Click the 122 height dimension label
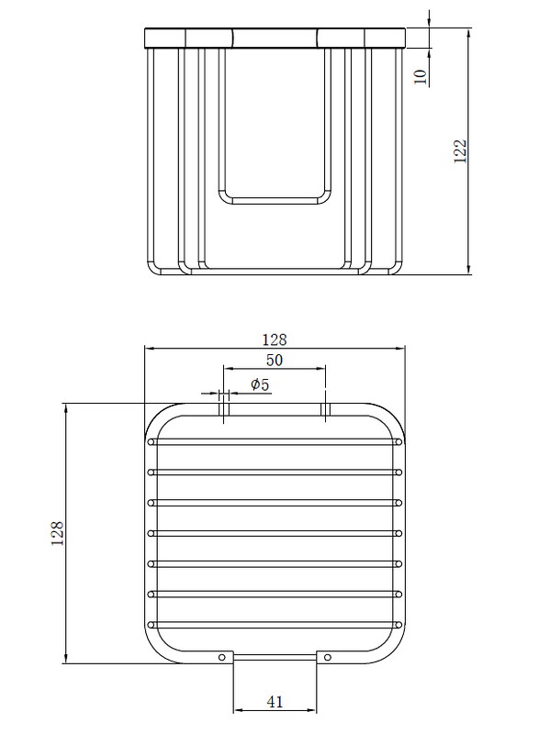(x=461, y=150)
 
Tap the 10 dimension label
(x=421, y=76)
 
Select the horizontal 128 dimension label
(x=275, y=339)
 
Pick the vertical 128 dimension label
(x=57, y=533)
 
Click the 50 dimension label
(x=275, y=360)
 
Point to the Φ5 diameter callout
(x=260, y=384)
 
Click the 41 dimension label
(x=275, y=702)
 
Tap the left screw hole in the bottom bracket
(x=222, y=657)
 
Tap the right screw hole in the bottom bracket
(x=328, y=657)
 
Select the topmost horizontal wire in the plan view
(x=275, y=442)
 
